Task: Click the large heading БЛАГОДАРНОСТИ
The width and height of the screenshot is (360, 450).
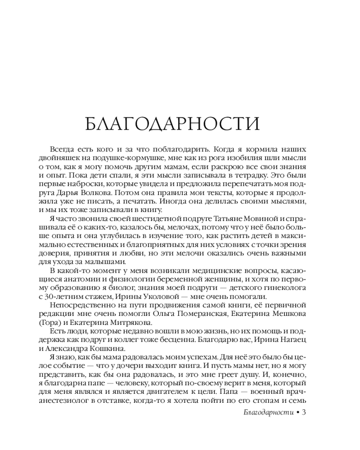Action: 172,122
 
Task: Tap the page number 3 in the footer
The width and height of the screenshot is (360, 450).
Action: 305,412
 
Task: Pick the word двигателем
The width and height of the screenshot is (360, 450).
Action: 164,392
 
